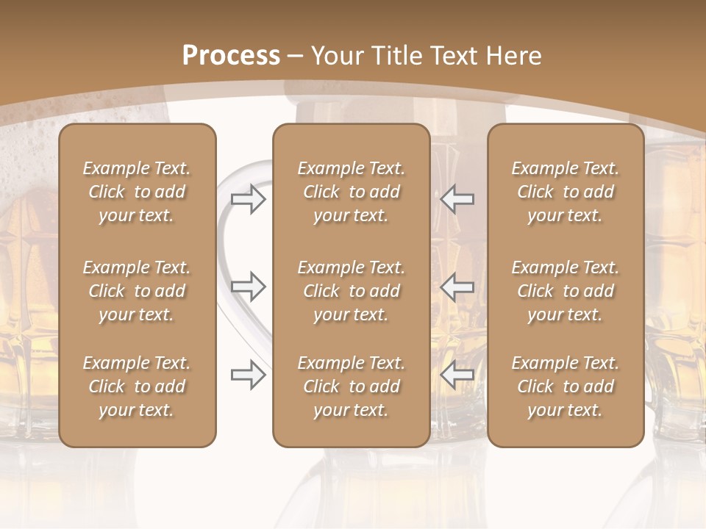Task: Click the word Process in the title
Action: coord(231,56)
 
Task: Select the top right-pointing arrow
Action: coord(248,199)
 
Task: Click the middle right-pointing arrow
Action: coord(248,287)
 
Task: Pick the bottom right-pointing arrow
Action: coord(248,375)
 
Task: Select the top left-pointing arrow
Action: coord(457,199)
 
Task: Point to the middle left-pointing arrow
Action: coord(457,287)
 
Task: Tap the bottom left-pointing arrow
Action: coord(457,375)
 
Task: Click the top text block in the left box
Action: coord(137,192)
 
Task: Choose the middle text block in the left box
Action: coord(137,291)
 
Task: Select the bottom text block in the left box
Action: coord(137,386)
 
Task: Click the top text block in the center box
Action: coord(351,192)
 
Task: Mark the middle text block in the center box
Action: coord(351,291)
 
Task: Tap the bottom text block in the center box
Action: coord(351,386)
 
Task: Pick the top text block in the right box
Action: coord(566,192)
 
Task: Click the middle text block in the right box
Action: coord(566,291)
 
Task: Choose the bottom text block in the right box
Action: coord(566,386)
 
